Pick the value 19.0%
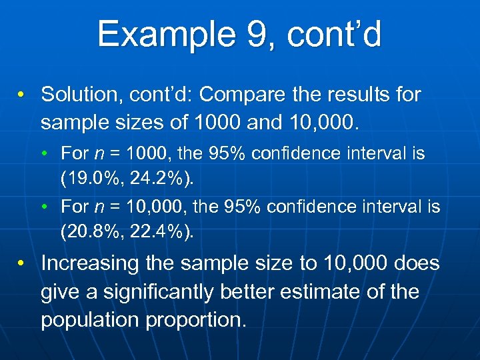pyautogui.click(x=89, y=179)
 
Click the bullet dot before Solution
pyautogui.click(x=23, y=95)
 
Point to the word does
pyautogui.click(x=415, y=263)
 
